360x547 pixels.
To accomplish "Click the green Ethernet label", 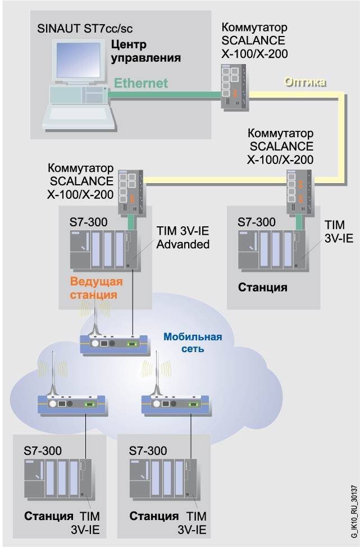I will (141, 83).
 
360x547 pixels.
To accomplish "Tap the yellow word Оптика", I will (305, 82).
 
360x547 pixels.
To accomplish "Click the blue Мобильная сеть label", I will (193, 343).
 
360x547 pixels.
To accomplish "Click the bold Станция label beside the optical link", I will (263, 288).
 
